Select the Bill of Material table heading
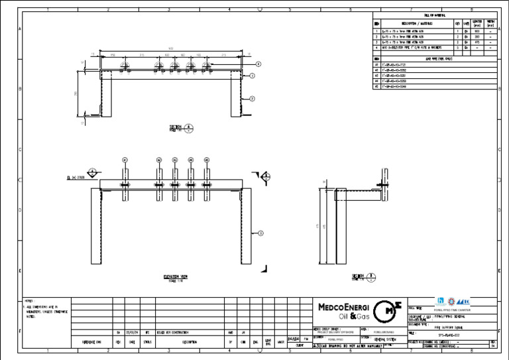click(x=434, y=15)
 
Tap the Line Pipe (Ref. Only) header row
click(x=438, y=58)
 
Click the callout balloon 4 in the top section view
click(x=258, y=64)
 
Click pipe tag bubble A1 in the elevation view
click(x=125, y=160)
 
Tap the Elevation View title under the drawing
click(x=177, y=276)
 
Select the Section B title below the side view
click(x=361, y=276)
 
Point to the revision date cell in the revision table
click(x=133, y=332)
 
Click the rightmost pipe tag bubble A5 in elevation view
click(x=207, y=160)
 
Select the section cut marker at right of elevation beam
click(x=264, y=176)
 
